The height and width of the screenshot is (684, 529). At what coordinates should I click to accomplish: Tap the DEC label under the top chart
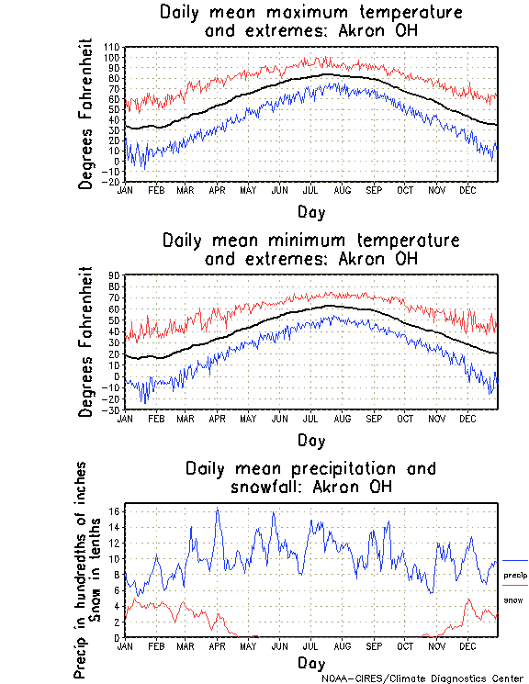[x=467, y=191]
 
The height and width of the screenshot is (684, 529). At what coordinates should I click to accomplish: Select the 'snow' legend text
[x=513, y=600]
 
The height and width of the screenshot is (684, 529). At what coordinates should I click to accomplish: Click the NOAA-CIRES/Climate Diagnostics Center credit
[x=422, y=678]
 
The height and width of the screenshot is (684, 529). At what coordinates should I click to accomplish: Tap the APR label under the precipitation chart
[x=217, y=646]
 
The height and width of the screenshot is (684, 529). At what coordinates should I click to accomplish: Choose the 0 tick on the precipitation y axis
[x=118, y=637]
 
